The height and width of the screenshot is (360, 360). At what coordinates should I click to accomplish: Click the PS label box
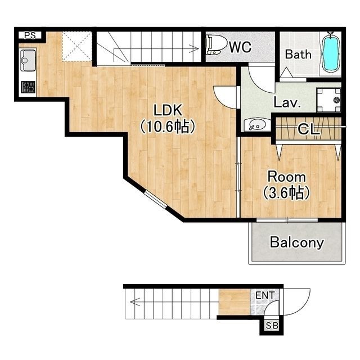30,35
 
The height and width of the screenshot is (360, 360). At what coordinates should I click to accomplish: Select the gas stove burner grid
28,87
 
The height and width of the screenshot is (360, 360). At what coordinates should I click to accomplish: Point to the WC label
240,47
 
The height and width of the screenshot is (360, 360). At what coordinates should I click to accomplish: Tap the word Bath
298,55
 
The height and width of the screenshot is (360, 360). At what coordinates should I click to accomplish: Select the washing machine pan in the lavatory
328,100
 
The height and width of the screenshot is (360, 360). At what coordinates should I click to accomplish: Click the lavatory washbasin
255,125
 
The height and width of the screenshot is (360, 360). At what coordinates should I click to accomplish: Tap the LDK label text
168,110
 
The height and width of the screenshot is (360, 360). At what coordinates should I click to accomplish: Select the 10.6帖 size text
168,127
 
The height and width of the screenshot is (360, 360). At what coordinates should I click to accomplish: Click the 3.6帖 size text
286,192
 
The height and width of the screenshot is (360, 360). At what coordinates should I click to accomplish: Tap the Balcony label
297,242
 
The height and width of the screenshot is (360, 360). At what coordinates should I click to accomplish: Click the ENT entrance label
265,295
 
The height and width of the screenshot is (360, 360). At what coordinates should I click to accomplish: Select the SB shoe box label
272,326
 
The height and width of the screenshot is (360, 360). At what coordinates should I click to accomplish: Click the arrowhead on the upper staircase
195,49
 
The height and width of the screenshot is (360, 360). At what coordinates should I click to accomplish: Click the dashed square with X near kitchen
77,46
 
